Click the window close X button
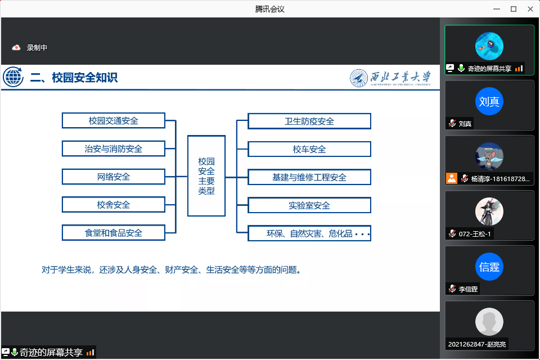coord(529,8)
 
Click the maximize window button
coord(514,8)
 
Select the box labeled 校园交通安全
coord(114,120)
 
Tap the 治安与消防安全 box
coord(114,148)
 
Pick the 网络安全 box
coord(114,177)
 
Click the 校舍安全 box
coord(114,205)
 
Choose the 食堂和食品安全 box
coord(114,232)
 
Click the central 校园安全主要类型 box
coord(206,175)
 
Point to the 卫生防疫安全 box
coord(309,121)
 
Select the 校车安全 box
coord(309,149)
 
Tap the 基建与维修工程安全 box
coord(309,177)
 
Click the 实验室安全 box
coord(309,205)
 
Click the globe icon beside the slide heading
coord(13,77)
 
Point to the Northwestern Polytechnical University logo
coord(390,78)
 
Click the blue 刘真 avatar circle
coord(489,101)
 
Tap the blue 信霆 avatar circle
coord(489,267)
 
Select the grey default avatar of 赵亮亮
coord(489,322)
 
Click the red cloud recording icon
coord(16,48)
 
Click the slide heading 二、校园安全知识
coord(74,78)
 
